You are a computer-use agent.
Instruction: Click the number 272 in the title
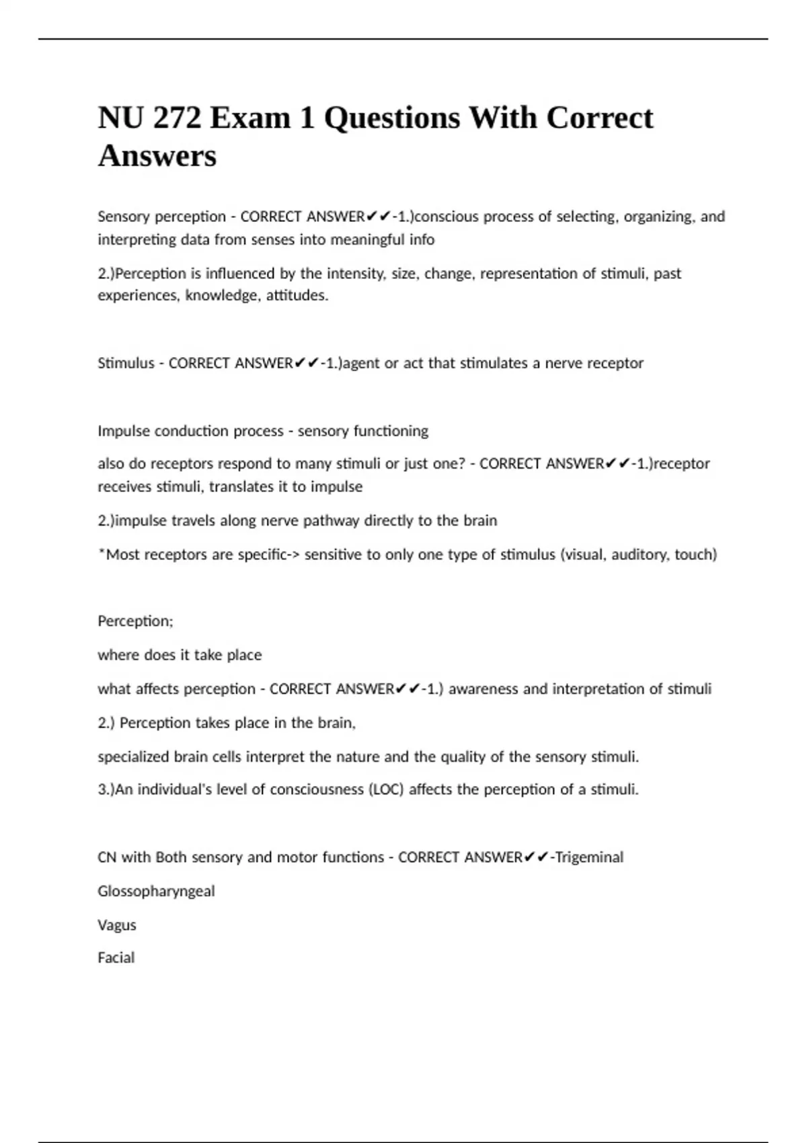tap(177, 118)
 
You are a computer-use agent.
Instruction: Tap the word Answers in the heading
tap(157, 156)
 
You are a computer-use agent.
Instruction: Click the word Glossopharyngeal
tap(156, 892)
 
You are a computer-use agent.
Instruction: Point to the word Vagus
tap(117, 925)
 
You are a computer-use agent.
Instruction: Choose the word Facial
tap(116, 957)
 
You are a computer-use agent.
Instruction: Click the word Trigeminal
tap(590, 857)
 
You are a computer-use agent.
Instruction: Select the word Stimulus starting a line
tap(126, 363)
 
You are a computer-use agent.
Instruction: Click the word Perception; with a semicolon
tap(135, 621)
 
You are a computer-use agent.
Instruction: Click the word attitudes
tap(297, 296)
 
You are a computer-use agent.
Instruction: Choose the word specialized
tap(133, 757)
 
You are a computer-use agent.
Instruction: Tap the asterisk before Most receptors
tap(102, 553)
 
